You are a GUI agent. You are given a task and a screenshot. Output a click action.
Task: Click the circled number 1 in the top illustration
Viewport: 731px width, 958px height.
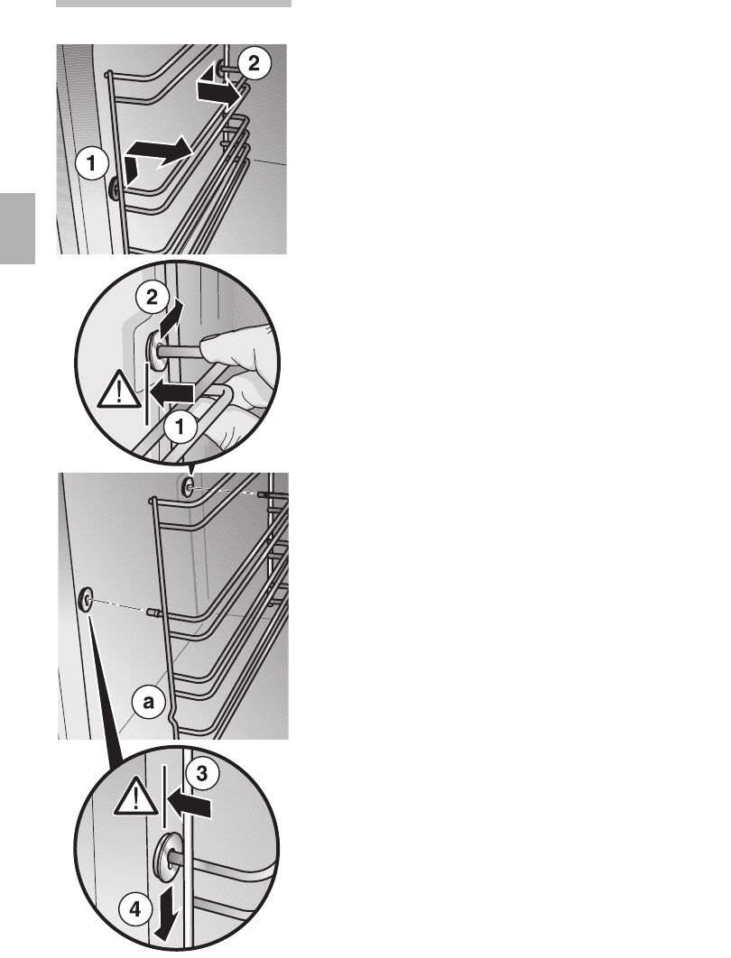pos(92,164)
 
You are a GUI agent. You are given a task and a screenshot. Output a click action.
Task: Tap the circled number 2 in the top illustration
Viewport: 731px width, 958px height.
pos(253,63)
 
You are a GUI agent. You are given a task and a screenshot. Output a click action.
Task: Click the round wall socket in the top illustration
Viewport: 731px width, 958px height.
pos(114,190)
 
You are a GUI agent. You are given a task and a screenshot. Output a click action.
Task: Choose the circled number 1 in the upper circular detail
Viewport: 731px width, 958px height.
pos(180,427)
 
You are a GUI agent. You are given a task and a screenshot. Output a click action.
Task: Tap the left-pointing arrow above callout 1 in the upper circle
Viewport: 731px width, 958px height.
pos(172,393)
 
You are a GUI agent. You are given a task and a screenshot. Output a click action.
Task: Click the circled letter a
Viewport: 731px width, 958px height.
pos(148,702)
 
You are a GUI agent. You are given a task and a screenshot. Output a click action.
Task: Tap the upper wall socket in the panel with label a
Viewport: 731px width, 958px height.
pos(188,486)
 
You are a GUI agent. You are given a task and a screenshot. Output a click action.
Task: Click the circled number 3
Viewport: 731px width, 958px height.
pos(201,773)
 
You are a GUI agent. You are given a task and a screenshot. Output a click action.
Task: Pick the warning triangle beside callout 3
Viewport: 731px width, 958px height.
pos(135,799)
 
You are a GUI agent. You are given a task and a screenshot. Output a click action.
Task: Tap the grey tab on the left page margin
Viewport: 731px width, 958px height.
pos(18,228)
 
